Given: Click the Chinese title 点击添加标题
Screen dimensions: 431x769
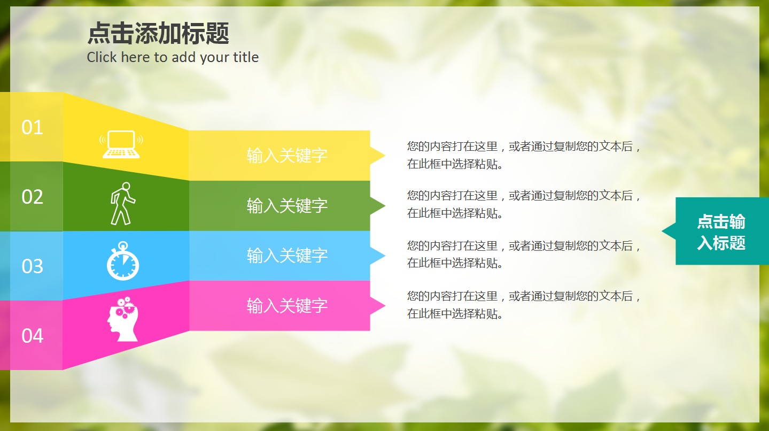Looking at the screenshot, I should (x=158, y=33).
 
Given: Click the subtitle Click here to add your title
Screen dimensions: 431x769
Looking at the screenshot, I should (x=173, y=57).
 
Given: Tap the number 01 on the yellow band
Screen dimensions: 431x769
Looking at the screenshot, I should (x=32, y=127).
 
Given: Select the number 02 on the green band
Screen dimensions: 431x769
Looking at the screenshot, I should (x=32, y=197).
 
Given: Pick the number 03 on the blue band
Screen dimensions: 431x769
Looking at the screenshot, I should (x=32, y=266).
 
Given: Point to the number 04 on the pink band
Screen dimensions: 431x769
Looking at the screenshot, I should (x=32, y=336).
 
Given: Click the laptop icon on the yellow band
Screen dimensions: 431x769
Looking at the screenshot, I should (x=121, y=144).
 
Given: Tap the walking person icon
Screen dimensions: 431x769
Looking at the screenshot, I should (x=122, y=204).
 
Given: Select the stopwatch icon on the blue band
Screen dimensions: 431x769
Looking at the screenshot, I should (x=123, y=261).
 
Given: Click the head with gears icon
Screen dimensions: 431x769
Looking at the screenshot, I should (x=122, y=319).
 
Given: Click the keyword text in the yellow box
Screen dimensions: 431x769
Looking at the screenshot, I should (x=287, y=156).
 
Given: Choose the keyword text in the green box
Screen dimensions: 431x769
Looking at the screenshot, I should (x=287, y=205).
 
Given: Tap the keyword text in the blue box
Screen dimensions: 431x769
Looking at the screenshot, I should (x=287, y=256).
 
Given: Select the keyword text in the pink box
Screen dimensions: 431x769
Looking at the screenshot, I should (x=287, y=306).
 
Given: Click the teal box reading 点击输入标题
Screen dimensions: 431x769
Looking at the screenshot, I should (x=721, y=232).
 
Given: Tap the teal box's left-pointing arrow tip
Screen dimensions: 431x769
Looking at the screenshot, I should (x=668, y=232).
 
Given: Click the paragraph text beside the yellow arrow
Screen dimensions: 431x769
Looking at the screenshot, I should (x=524, y=155).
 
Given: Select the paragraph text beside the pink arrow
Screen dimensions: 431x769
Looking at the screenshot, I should (x=524, y=305).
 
